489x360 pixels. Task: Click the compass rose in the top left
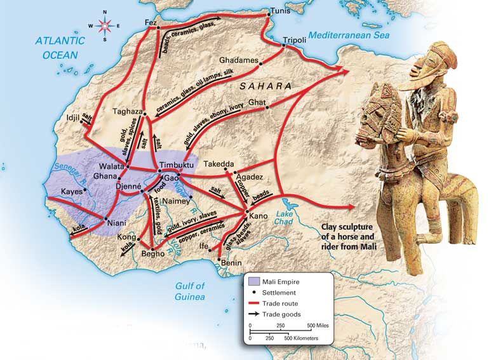105,25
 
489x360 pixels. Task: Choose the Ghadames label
238,60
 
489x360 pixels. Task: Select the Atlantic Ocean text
60,47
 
